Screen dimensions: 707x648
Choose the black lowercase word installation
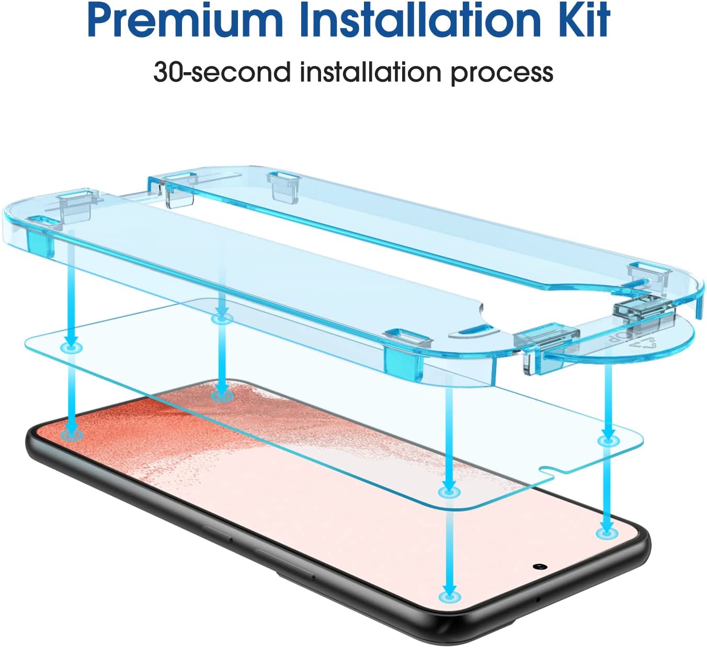371,72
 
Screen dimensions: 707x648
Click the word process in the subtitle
502,75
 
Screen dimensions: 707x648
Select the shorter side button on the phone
218,533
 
